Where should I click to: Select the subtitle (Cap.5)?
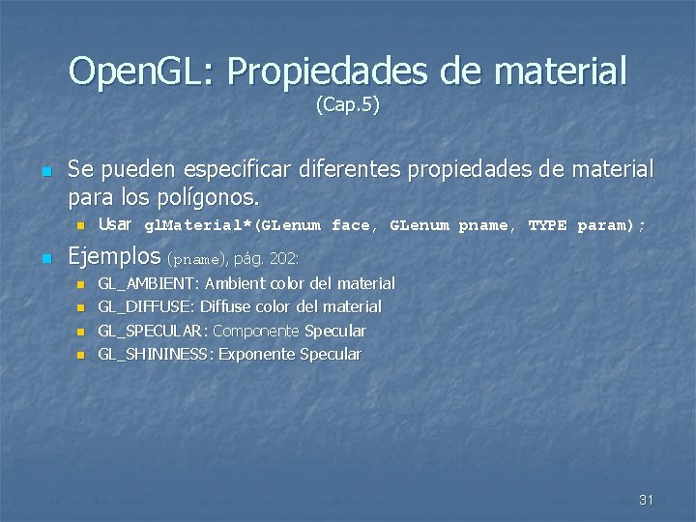[x=348, y=104]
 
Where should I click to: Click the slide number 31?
[x=647, y=500]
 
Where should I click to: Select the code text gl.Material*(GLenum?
[x=232, y=226]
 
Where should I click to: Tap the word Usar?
[x=115, y=224]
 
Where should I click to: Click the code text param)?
[x=611, y=226]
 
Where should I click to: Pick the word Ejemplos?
[x=114, y=257]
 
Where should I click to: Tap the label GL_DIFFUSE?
[x=147, y=306]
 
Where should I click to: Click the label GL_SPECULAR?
[x=153, y=331]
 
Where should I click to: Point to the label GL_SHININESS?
[x=157, y=354]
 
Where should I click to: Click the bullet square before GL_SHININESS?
[x=80, y=355]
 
